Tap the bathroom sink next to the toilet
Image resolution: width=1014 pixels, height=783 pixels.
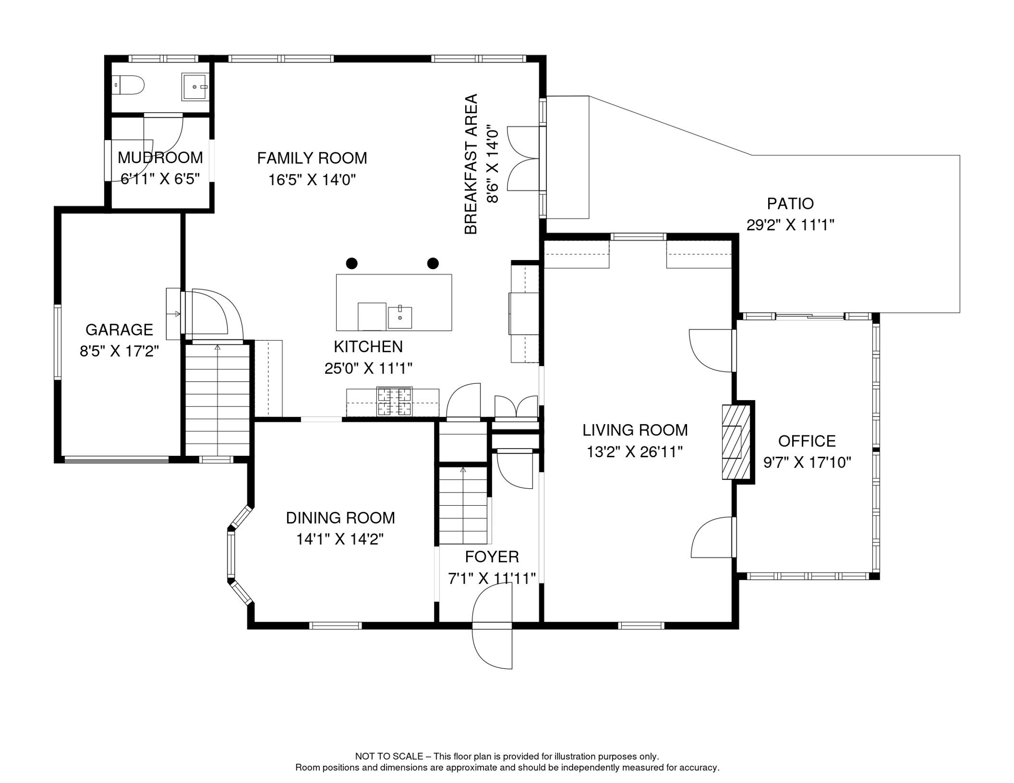[195, 87]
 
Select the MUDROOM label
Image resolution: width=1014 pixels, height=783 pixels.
[160, 158]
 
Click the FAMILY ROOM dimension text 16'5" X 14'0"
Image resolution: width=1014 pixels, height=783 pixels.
[312, 180]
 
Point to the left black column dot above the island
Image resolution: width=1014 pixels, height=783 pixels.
[352, 264]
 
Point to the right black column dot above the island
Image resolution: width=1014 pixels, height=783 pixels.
[433, 264]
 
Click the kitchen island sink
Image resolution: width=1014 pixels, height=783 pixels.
[400, 317]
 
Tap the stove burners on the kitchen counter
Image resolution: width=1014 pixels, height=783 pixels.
[394, 402]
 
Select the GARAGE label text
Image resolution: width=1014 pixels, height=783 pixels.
[119, 330]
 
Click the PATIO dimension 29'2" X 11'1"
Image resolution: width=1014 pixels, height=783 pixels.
[790, 225]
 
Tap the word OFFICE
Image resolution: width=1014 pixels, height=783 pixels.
[807, 441]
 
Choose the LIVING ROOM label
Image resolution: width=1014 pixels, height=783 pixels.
[635, 430]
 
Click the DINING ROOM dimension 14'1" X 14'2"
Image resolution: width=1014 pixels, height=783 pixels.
[340, 539]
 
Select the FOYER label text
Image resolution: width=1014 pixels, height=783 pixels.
[492, 557]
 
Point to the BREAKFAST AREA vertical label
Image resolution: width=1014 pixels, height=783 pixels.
[471, 164]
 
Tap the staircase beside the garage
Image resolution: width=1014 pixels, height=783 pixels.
[217, 400]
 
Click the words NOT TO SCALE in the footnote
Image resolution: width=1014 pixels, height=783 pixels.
[389, 756]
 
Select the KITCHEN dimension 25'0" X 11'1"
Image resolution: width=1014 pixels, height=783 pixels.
[368, 368]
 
